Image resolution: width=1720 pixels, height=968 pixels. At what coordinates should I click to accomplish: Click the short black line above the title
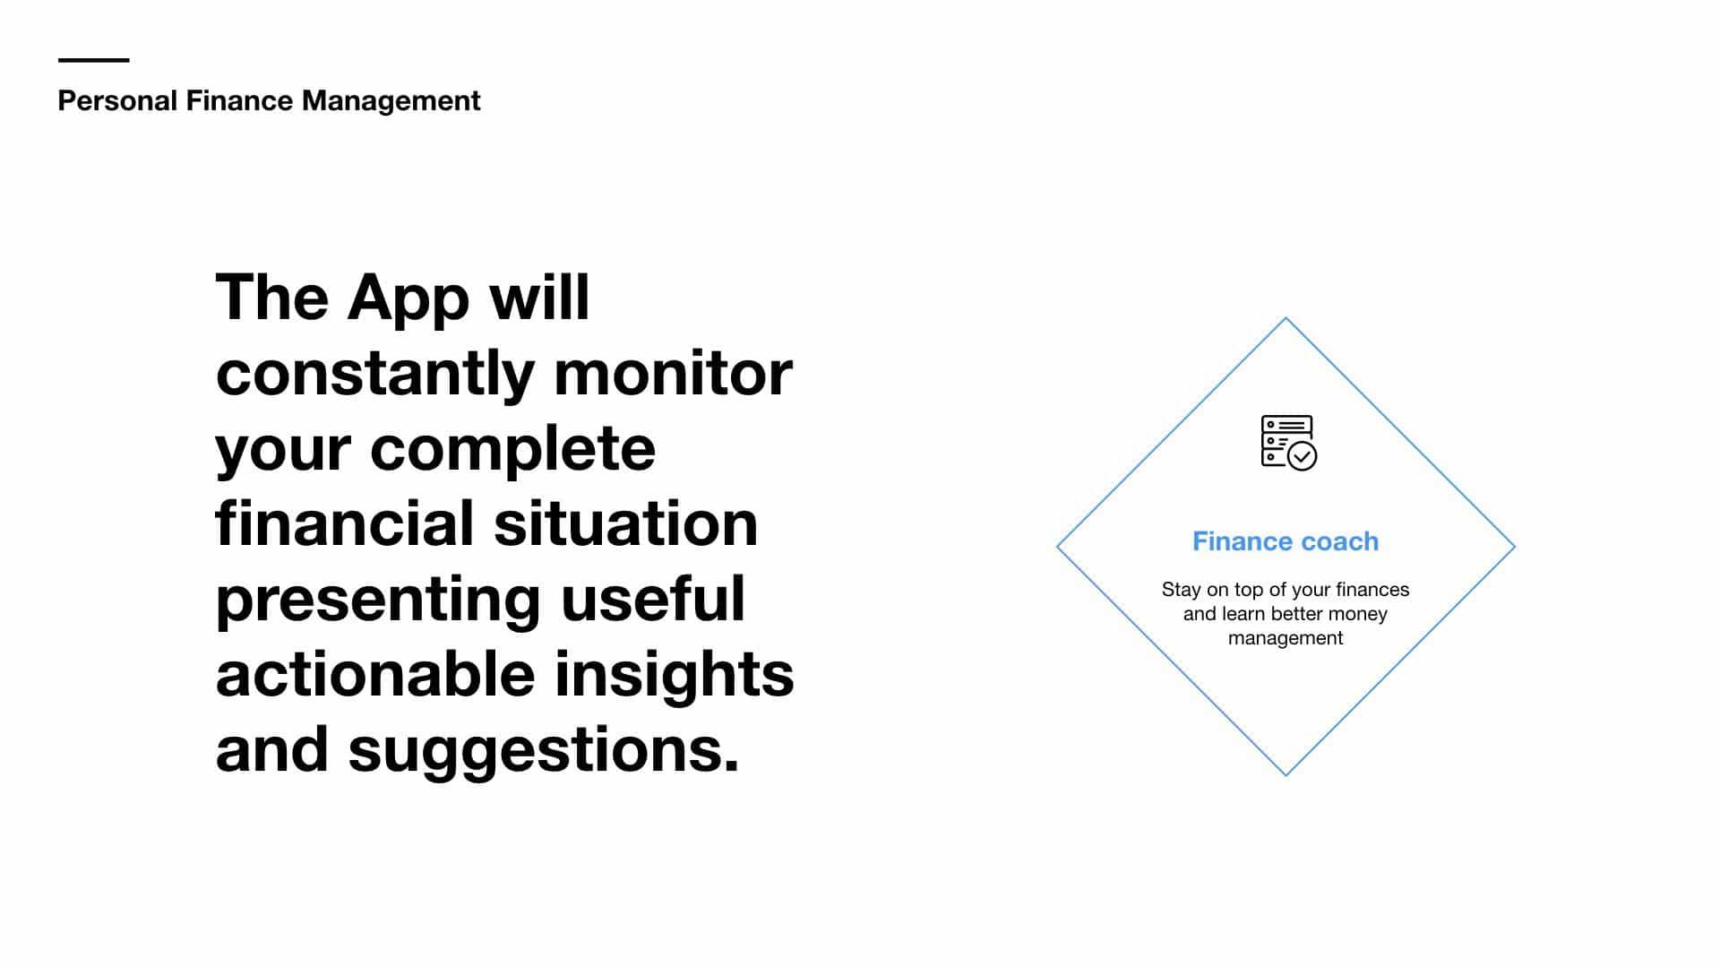coord(94,60)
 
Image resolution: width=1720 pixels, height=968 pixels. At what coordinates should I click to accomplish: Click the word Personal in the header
coord(117,100)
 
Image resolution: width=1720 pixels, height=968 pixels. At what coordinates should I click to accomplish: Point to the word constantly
coord(375,373)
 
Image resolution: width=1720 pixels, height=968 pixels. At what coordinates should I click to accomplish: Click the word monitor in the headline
coord(673,373)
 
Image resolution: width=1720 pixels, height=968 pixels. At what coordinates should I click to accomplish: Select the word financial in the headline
coord(345,523)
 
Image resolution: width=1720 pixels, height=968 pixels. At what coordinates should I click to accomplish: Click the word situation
coord(626,524)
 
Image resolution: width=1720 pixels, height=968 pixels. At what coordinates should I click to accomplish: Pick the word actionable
coord(375,673)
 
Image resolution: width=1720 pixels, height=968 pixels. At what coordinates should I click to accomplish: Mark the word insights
coord(675,675)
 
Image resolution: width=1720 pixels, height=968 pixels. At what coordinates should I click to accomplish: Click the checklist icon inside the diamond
coord(1288,442)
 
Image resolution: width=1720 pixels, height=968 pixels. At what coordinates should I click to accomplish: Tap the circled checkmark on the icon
coord(1302,456)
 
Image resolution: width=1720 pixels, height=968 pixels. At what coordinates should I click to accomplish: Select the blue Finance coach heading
coord(1286,541)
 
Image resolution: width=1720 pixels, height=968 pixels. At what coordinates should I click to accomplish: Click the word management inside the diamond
coord(1286,639)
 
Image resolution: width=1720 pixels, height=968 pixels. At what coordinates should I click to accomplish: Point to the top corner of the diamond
coord(1286,317)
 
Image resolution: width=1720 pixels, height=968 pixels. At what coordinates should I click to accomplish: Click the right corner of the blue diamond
coord(1515,546)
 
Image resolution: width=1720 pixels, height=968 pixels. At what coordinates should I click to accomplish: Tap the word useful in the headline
coord(653,599)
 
